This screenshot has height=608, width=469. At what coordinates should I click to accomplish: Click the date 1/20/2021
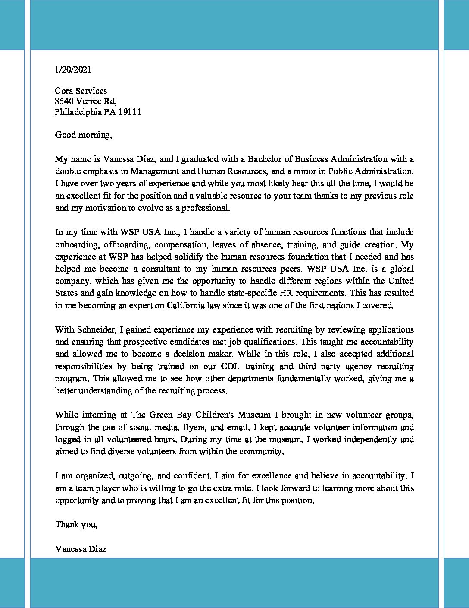click(x=73, y=70)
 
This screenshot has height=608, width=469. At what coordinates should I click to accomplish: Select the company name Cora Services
click(x=81, y=91)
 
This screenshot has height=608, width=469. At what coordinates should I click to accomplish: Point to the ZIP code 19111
click(x=130, y=112)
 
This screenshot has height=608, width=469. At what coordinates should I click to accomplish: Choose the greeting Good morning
click(x=83, y=135)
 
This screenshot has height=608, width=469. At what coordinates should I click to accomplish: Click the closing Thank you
click(x=76, y=525)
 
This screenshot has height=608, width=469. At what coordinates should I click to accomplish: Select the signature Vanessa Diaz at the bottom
click(x=81, y=549)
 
